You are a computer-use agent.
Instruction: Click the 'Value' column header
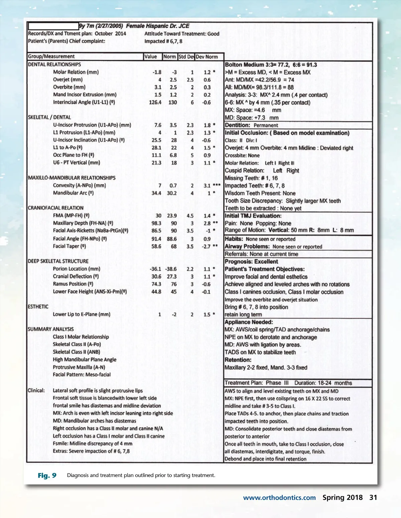pos(150,56)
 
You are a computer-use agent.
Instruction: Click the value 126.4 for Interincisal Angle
pos(155,102)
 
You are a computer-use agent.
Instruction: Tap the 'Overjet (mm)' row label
pos(68,79)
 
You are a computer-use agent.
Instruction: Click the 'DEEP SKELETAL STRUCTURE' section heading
pos(58,261)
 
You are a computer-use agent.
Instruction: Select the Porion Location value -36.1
pos(155,269)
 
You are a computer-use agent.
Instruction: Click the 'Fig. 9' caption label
pos(47,475)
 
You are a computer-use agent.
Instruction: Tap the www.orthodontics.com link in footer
pos(279,498)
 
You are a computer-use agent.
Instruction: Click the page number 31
pos(373,498)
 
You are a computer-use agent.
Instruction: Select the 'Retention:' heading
pos(238,360)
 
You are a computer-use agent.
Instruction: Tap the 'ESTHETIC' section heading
pos(38,307)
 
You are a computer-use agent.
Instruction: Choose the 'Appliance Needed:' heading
pos(249,322)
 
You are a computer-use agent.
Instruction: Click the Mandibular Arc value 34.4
pos(156,193)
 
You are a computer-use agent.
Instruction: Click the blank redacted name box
pos(53,26)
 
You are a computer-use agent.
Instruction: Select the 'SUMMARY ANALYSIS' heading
pos(51,329)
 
